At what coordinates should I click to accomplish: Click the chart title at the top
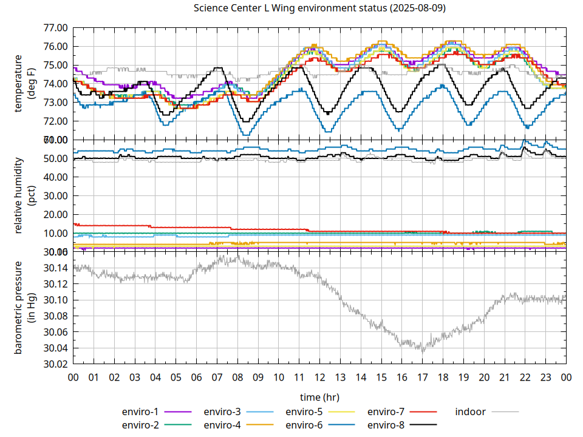click(x=319, y=8)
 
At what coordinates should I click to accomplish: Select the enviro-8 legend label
click(x=386, y=424)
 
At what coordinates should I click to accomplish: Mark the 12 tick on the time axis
click(x=319, y=377)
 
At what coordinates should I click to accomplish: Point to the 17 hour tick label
click(x=422, y=377)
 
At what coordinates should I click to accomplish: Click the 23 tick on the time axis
click(x=545, y=377)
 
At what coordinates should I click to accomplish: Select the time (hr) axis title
click(x=319, y=397)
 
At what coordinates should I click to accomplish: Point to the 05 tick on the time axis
click(x=176, y=377)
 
